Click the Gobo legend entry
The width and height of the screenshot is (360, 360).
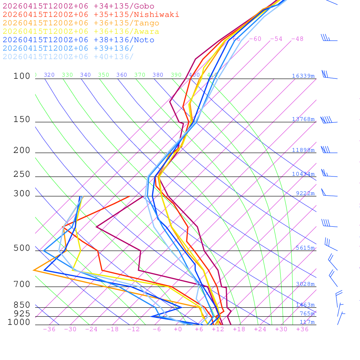tap(78, 6)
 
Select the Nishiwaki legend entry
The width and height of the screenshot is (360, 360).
tap(91, 14)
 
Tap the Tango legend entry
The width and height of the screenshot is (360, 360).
tap(81, 23)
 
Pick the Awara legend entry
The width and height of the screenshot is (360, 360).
tap(81, 32)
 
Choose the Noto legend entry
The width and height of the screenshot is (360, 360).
tap(78, 40)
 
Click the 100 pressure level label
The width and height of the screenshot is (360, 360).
tap(22, 76)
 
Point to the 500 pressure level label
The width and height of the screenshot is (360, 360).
tap(22, 248)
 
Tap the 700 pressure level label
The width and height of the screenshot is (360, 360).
tap(22, 284)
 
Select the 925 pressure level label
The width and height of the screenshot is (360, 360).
tap(22, 314)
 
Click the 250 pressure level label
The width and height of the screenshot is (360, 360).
tap(22, 174)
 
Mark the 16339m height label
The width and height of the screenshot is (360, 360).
tap(303, 76)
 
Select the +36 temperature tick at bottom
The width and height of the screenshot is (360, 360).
tap(302, 329)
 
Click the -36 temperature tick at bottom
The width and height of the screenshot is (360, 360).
tap(49, 329)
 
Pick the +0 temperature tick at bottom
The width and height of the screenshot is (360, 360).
tap(178, 329)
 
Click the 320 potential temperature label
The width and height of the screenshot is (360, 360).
tap(49, 75)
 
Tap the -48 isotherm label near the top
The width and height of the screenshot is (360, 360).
tap(297, 39)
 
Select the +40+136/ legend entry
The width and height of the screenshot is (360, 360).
tap(68, 57)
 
